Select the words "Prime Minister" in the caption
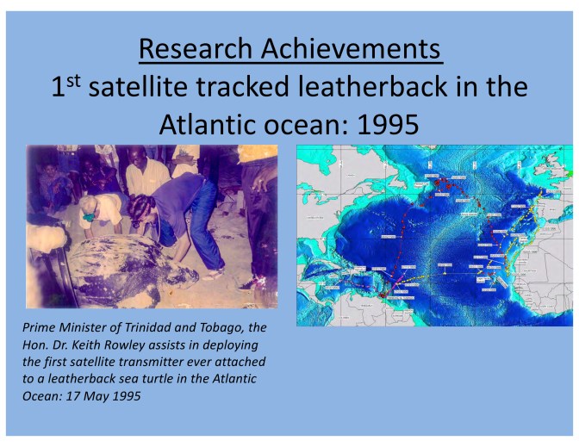click(61, 327)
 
